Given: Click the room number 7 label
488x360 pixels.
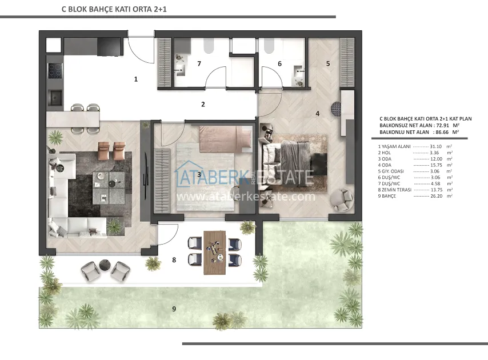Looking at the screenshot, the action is pos(199,64).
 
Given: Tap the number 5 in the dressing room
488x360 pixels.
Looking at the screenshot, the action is pos(328,64).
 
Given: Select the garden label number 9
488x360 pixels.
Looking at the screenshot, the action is pos(174,309).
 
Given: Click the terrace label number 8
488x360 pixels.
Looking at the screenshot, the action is pos(174,260).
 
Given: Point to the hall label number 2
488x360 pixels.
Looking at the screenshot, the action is pos(203,105).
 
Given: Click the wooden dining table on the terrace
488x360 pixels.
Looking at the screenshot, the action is pos(215,253).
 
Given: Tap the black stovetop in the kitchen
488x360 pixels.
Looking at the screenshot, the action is pos(55,71).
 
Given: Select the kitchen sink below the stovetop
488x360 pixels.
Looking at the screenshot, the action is pos(55,97).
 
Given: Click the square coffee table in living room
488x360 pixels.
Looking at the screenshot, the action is pos(109,188).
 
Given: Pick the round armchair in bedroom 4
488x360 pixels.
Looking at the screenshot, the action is pos(342,199).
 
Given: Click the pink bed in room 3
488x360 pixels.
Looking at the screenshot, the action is pos(225,139).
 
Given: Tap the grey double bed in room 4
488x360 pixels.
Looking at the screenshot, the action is pos(293,163).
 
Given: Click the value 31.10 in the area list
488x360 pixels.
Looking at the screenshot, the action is pos(435,146).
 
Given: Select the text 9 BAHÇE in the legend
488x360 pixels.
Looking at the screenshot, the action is pos(387,196).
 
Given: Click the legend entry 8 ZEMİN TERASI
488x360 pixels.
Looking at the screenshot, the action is pos(395,190).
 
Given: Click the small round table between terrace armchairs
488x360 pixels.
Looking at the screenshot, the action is pos(105,265).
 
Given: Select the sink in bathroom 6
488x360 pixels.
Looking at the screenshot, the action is pos(299,71).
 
